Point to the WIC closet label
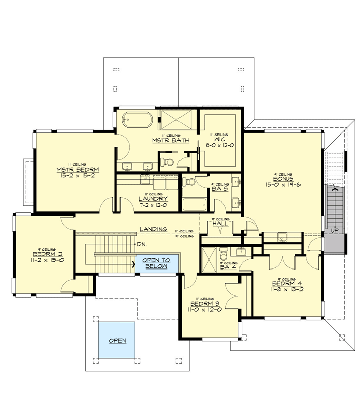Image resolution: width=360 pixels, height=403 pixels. [219, 141]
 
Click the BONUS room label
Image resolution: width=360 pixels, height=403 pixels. [280, 178]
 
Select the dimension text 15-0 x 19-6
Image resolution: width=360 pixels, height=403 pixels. [280, 185]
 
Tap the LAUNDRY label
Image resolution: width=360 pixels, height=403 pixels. [153, 199]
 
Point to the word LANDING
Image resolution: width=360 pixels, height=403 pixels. [154, 229]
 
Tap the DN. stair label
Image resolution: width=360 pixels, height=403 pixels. [142, 245]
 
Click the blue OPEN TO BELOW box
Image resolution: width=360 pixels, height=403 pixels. [156, 263]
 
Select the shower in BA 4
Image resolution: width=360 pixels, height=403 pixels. [209, 257]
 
